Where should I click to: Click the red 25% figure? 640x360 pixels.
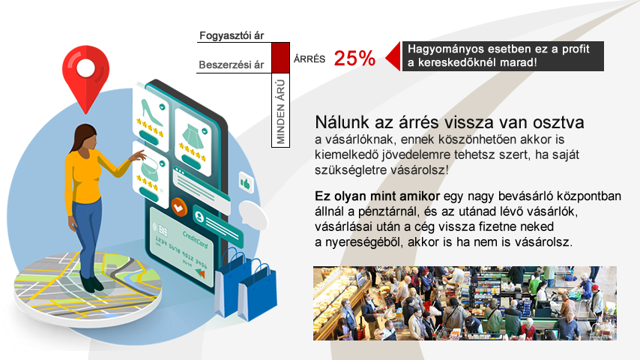point(354,58)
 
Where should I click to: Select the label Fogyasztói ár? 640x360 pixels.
point(232,35)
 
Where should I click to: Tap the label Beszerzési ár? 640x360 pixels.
point(231,64)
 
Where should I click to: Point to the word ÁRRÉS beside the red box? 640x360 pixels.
point(310,59)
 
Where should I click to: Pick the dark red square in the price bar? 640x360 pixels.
point(280,58)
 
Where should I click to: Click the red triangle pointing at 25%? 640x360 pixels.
point(393,56)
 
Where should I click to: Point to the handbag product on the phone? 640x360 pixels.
point(150,167)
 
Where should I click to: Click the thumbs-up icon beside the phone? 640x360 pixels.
point(246,184)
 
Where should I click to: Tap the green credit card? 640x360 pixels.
point(182,246)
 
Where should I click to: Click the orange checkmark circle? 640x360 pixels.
point(179,207)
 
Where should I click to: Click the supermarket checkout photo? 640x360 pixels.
point(465,303)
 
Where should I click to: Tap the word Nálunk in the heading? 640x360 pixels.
point(342,122)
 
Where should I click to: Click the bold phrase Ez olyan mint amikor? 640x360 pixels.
point(377,196)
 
